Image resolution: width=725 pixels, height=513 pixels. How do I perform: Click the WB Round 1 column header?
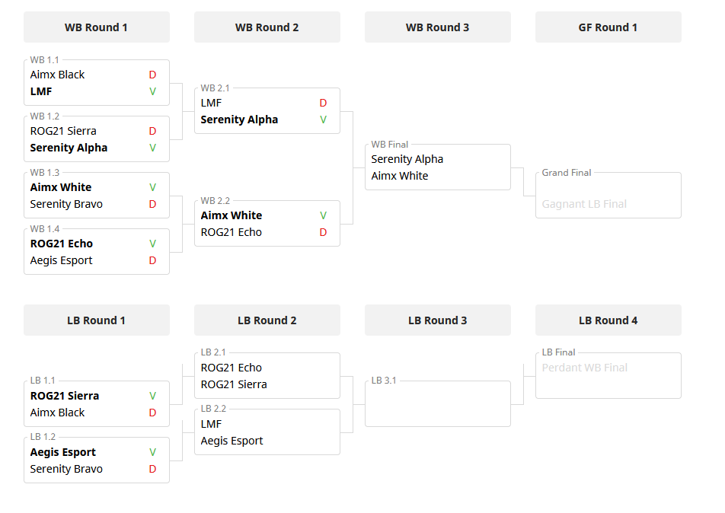click(96, 27)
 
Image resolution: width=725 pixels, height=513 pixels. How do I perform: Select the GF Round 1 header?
click(608, 27)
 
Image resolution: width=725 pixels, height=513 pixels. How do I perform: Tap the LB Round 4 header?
click(608, 320)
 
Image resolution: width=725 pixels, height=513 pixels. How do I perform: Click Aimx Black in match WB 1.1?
click(57, 75)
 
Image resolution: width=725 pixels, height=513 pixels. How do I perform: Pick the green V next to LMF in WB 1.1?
click(152, 91)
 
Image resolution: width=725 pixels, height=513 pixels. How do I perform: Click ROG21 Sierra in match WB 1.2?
click(63, 131)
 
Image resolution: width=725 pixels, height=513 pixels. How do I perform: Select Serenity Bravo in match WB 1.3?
click(66, 204)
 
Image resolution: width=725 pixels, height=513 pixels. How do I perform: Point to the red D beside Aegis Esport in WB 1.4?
click(152, 260)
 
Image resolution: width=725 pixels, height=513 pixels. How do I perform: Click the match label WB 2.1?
click(215, 88)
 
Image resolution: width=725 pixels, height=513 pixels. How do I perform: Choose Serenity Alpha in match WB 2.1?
click(239, 119)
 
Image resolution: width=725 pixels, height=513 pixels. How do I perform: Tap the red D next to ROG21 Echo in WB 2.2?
click(323, 232)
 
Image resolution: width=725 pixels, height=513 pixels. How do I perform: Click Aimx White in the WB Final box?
click(399, 176)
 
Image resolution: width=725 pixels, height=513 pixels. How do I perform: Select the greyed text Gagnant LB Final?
click(584, 204)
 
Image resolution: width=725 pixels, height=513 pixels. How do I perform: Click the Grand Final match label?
click(567, 173)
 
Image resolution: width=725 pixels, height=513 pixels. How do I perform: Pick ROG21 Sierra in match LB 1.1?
click(64, 396)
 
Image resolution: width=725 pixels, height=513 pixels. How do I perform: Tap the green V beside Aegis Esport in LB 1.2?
click(152, 452)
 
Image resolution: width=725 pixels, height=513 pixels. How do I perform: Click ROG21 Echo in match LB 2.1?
click(231, 368)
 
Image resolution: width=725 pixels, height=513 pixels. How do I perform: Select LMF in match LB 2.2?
click(211, 424)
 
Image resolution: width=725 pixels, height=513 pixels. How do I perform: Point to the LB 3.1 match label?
click(384, 381)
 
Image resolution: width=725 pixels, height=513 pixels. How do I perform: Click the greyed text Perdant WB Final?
click(584, 368)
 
